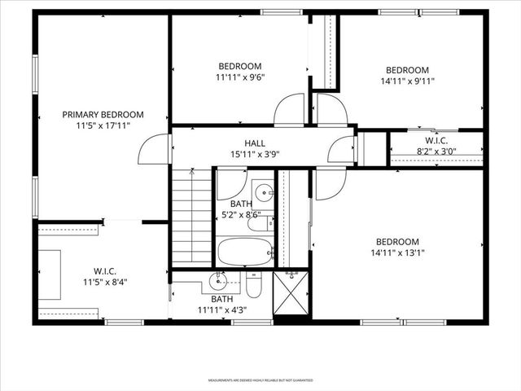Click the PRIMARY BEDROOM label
tap(103, 115)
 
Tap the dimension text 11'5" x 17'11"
tap(103, 125)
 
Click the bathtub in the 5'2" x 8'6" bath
tap(245, 251)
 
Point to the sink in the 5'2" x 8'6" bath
tap(263, 194)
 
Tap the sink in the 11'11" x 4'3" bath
tap(218, 283)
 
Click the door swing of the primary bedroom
tap(155, 148)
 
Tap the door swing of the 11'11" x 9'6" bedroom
tap(289, 112)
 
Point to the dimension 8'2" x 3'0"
tap(437, 151)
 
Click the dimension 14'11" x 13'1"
tap(397, 253)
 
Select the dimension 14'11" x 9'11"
tap(407, 81)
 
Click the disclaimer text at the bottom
tap(260, 380)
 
